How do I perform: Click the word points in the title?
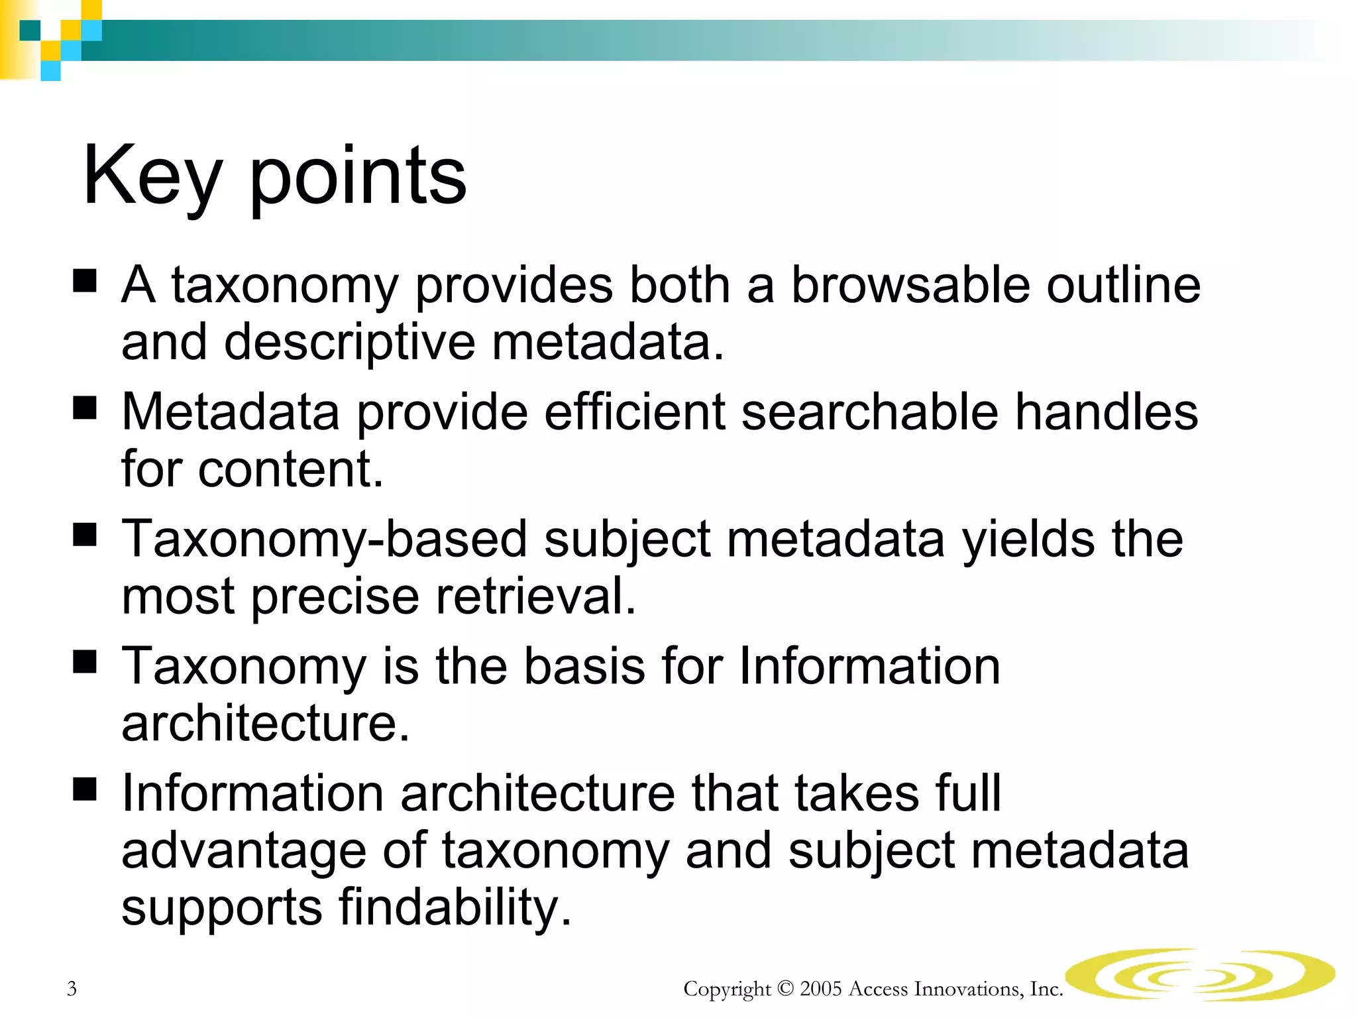(x=358, y=178)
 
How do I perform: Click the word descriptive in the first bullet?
(x=349, y=343)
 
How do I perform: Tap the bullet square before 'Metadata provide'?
(x=85, y=408)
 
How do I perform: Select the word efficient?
(x=635, y=412)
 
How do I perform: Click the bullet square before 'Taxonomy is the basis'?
(x=85, y=661)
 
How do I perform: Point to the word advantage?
(x=244, y=852)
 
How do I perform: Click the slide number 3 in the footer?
(x=72, y=989)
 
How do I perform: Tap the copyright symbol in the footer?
(x=785, y=989)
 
